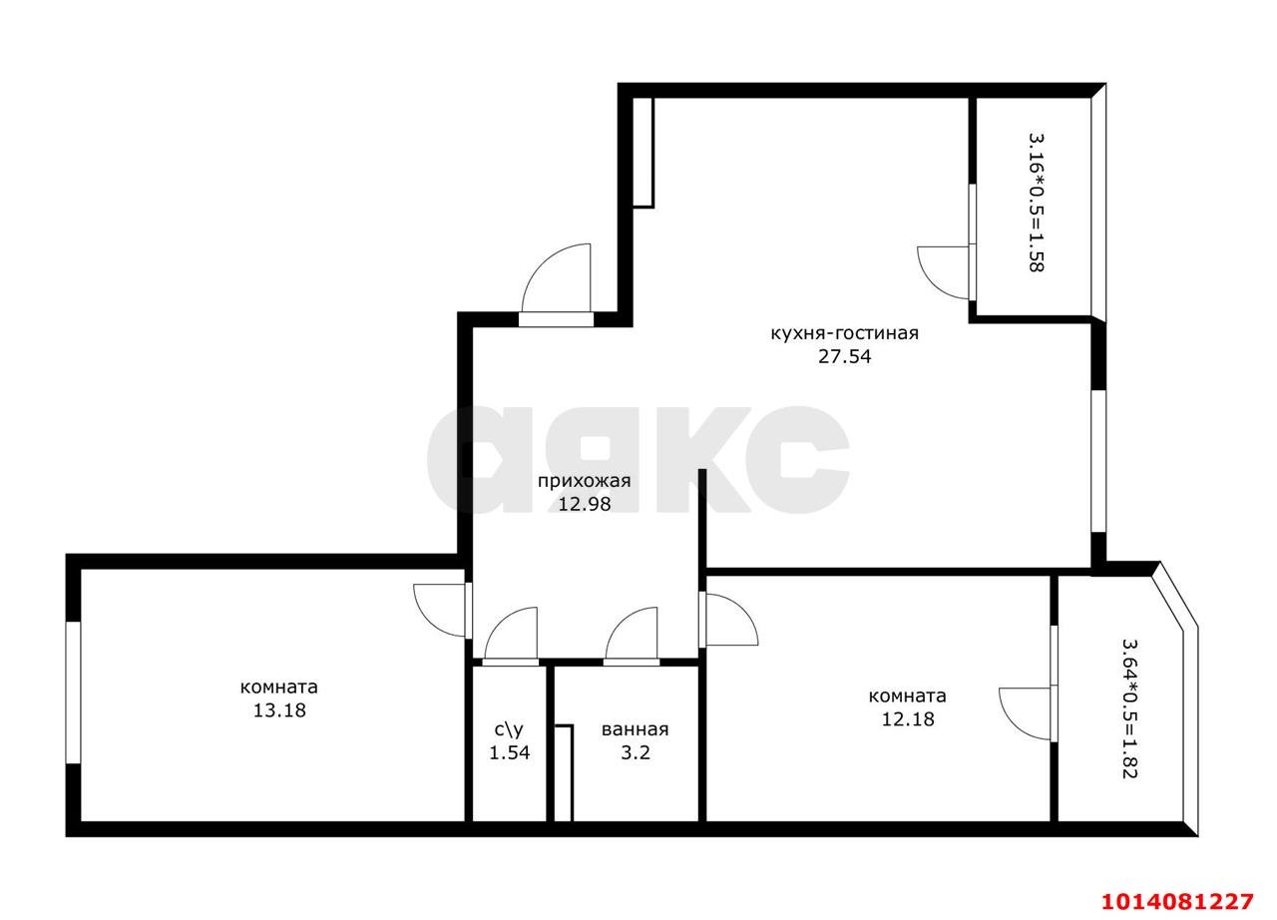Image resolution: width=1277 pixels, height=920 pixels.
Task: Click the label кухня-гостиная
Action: [843, 333]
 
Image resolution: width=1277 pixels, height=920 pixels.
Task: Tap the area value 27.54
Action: [844, 356]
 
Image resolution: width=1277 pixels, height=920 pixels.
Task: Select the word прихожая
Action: [584, 482]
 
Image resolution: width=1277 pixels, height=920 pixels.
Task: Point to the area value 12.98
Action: [584, 504]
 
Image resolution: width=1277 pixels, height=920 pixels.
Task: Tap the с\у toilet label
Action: [508, 729]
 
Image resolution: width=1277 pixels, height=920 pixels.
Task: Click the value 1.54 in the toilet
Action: [509, 752]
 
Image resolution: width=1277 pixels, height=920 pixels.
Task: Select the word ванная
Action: [635, 729]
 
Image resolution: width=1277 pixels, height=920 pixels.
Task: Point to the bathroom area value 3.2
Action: [636, 752]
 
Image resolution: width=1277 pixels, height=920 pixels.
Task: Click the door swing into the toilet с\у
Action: [510, 635]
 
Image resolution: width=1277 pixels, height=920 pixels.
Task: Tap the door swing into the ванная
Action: [632, 635]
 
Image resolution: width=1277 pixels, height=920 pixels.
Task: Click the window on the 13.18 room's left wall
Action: [72, 692]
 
